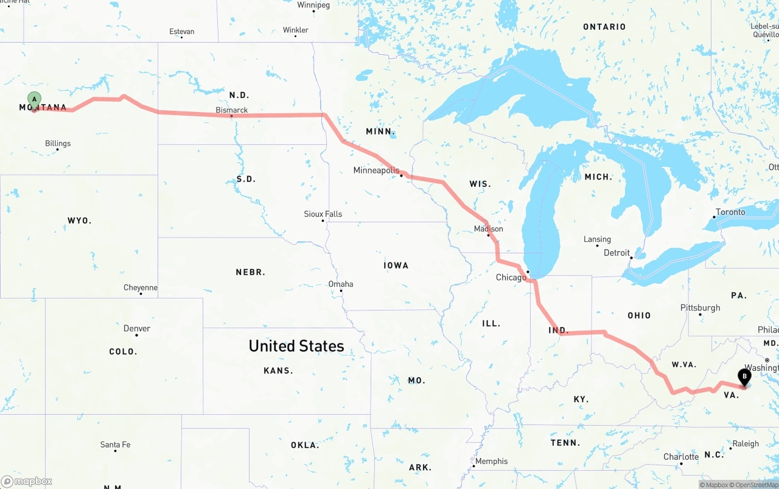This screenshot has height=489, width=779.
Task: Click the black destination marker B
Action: tap(744, 377)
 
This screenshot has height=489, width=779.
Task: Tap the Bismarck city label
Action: tap(232, 110)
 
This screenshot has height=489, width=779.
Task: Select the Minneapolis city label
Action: tap(376, 171)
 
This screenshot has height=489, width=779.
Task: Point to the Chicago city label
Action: tap(511, 278)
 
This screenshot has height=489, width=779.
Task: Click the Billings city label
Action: tap(58, 144)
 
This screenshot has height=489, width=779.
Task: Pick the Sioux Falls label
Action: tap(323, 214)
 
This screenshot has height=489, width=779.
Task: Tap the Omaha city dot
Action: tap(341, 290)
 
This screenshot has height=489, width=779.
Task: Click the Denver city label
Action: tap(137, 328)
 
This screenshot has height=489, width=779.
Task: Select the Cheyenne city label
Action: tap(141, 287)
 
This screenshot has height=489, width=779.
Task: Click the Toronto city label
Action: tap(730, 212)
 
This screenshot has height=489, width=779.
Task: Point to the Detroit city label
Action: tap(617, 253)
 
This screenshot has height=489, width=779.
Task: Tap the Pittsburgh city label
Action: tap(700, 308)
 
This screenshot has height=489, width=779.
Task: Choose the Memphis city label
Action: tap(491, 461)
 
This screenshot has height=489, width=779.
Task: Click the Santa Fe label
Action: tap(115, 445)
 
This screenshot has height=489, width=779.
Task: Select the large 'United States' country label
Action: tap(296, 346)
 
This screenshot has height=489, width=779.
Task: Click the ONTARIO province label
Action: tap(604, 27)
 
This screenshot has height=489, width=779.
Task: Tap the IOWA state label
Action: tap(396, 266)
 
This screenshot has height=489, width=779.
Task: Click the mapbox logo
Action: tap(27, 481)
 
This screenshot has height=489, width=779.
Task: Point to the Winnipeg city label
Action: tap(313, 5)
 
